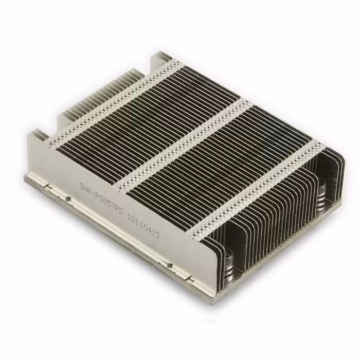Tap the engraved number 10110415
(x=143, y=227)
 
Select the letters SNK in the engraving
(x=85, y=186)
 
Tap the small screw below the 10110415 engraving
(x=169, y=265)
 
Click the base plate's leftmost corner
(x=26, y=179)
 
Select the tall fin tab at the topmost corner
(x=164, y=56)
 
